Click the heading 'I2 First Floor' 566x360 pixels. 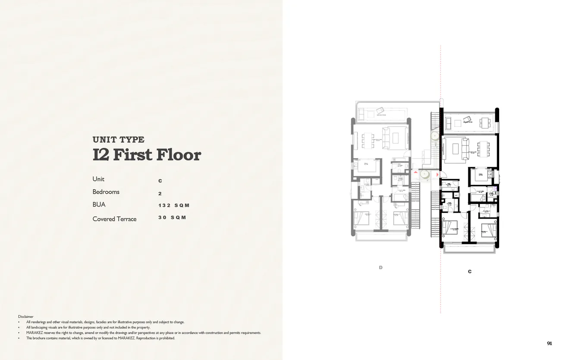pyautogui.click(x=147, y=155)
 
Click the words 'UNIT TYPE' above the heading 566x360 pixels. pyautogui.click(x=118, y=140)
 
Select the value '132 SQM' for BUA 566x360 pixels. pyautogui.click(x=174, y=206)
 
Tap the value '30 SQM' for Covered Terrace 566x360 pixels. pyautogui.click(x=172, y=218)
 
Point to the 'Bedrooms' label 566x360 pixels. pyautogui.click(x=106, y=192)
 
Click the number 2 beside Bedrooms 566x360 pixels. pyautogui.click(x=160, y=194)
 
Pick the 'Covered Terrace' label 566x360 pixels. pyautogui.click(x=114, y=219)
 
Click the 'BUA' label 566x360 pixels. pyautogui.click(x=99, y=205)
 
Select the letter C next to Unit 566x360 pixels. pyautogui.click(x=160, y=181)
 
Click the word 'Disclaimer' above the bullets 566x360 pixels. pyautogui.click(x=26, y=316)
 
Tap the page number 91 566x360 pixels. pyautogui.click(x=549, y=344)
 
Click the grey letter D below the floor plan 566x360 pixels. pyautogui.click(x=380, y=268)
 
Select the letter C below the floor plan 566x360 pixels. pyautogui.click(x=469, y=272)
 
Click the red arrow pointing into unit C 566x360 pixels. pyautogui.click(x=437, y=175)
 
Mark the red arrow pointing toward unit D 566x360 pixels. pyautogui.click(x=415, y=172)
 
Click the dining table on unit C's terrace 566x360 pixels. pyautogui.click(x=485, y=122)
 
